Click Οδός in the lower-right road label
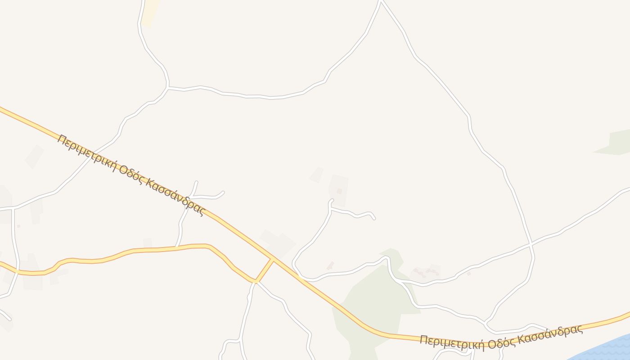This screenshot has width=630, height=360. tap(503, 341)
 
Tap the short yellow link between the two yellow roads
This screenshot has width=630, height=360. tap(265, 270)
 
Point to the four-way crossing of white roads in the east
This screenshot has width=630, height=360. tap(531, 244)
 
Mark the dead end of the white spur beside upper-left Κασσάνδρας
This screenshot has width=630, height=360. tap(223, 193)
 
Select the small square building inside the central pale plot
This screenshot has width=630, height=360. tap(339, 191)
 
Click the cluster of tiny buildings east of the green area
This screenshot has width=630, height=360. tap(425, 272)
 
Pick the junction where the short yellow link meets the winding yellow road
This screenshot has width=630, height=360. tap(256, 282)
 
